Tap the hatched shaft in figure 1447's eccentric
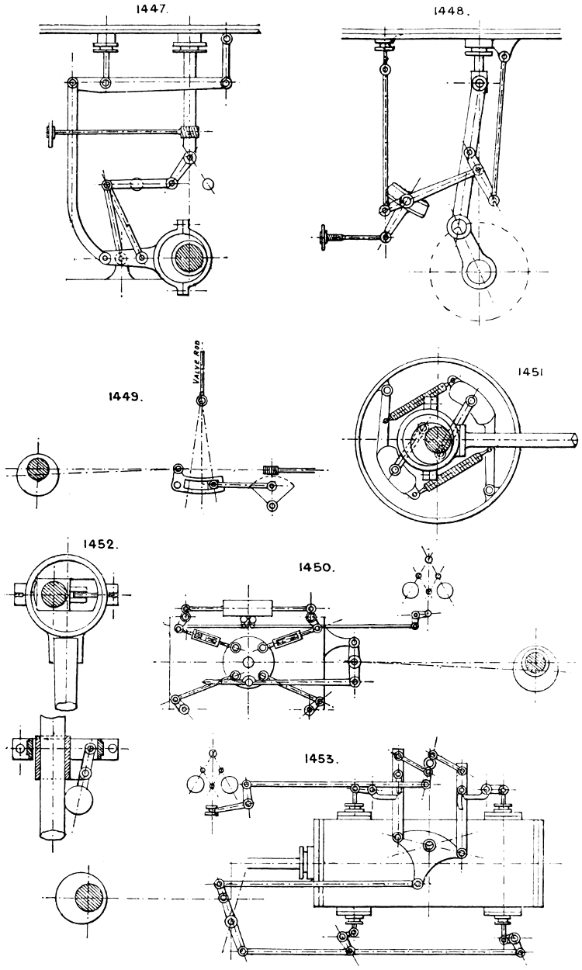[x=189, y=257]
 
